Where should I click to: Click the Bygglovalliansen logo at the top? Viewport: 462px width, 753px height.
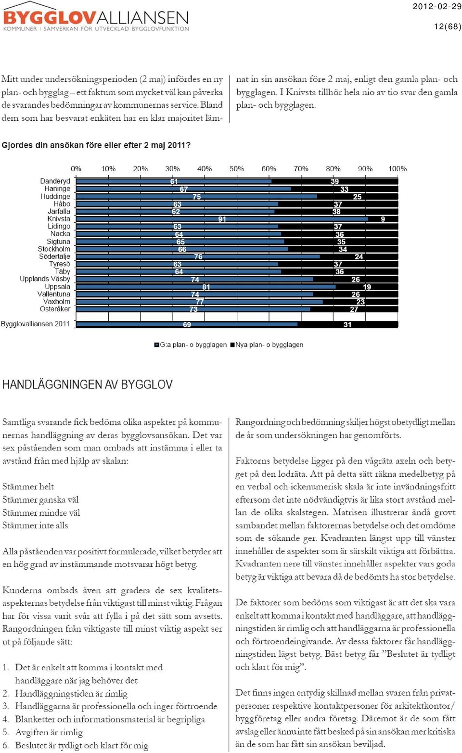(96, 17)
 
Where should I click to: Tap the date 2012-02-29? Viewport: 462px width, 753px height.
(437, 6)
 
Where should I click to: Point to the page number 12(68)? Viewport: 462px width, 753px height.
(448, 26)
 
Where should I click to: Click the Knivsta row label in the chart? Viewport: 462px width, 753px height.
(59, 219)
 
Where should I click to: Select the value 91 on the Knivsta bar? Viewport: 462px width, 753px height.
(222, 219)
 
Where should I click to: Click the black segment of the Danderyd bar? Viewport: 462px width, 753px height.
(334, 181)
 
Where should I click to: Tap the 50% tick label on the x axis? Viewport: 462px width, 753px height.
(237, 169)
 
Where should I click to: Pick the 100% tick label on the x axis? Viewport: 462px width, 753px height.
(398, 169)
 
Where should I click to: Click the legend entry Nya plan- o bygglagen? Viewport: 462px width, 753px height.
(267, 345)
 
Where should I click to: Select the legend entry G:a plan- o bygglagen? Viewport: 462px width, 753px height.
(190, 345)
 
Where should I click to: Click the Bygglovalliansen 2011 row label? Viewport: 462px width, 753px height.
(35, 324)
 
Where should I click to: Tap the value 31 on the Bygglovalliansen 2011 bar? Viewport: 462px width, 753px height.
(347, 325)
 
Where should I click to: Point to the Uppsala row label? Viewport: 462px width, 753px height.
(58, 287)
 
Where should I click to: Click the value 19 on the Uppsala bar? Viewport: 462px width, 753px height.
(367, 287)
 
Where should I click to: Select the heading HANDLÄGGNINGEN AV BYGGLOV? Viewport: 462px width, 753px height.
(88, 384)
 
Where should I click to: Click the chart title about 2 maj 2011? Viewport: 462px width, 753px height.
(96, 145)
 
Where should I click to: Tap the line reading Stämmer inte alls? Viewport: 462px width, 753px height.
(35, 525)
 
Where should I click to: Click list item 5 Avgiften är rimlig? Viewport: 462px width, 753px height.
(43, 732)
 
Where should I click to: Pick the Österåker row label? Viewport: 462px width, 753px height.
(55, 309)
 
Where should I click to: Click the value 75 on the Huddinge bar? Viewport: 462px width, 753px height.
(197, 197)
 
